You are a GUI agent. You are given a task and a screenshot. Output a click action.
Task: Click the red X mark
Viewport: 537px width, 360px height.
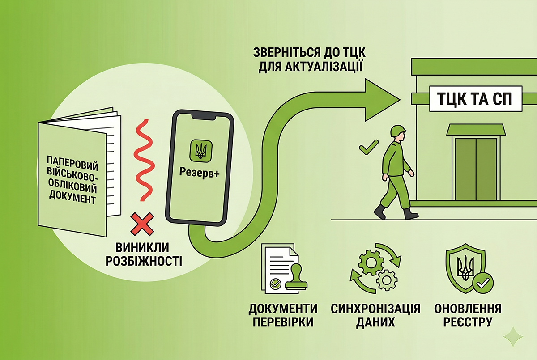(x=142, y=224)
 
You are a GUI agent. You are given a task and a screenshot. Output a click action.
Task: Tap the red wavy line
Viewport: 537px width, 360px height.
(x=145, y=160)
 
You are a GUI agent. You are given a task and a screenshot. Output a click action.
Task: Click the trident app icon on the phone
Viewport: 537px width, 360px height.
(x=201, y=151)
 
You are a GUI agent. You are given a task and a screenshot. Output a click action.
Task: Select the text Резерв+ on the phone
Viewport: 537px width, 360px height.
(x=199, y=173)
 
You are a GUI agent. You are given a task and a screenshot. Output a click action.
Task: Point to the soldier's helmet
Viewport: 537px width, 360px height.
(x=398, y=131)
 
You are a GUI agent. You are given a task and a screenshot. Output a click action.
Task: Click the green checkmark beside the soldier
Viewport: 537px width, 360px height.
(x=369, y=147)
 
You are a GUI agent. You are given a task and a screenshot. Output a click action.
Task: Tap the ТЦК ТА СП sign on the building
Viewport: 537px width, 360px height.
(x=476, y=99)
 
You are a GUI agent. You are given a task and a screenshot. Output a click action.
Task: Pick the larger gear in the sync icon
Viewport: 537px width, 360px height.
(x=371, y=262)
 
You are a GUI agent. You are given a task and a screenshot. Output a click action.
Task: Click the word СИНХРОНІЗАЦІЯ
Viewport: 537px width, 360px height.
(x=375, y=309)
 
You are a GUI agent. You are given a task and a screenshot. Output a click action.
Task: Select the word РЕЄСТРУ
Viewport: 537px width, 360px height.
(x=468, y=322)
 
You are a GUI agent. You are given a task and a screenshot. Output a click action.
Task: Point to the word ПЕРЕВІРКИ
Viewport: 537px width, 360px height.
(x=283, y=322)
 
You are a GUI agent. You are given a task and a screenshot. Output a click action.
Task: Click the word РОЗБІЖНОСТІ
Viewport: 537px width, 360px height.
(x=144, y=261)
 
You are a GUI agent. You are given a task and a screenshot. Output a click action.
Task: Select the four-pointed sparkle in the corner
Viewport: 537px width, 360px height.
(x=513, y=337)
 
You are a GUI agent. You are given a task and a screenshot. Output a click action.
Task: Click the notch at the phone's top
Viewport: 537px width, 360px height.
(x=203, y=117)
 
